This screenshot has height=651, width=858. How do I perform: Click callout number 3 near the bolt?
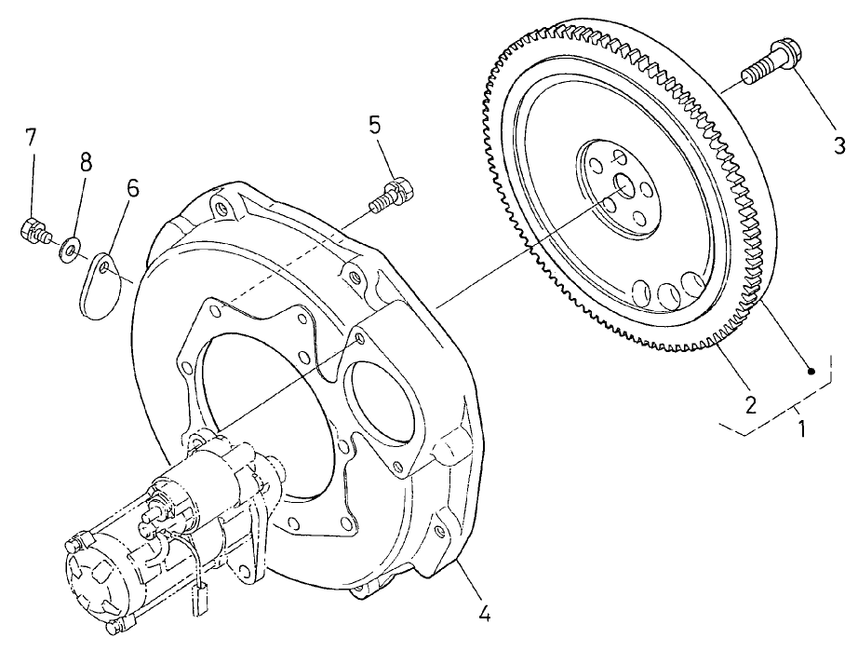(838, 145)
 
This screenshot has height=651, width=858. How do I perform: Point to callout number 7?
(31, 138)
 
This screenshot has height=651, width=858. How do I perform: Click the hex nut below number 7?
(33, 228)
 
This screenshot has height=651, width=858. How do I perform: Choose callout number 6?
(132, 188)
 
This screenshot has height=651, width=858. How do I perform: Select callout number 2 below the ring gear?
(749, 404)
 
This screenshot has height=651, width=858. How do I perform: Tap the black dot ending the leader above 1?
(811, 372)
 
